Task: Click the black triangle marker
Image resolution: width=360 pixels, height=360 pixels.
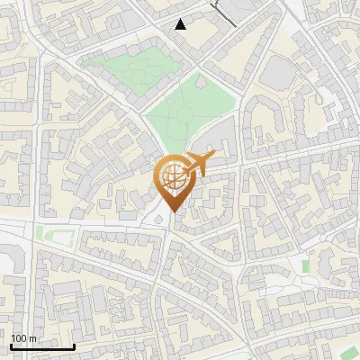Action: pos(181,24)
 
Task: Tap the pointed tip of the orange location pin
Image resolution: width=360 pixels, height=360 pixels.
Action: pos(172,212)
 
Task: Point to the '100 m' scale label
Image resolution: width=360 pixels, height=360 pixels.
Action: pos(24,338)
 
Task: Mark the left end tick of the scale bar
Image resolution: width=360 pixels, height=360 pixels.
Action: pos(12,346)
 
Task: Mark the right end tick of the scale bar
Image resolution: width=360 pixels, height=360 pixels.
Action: pos(74,346)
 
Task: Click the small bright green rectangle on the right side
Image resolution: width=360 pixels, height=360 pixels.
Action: pos(306,266)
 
